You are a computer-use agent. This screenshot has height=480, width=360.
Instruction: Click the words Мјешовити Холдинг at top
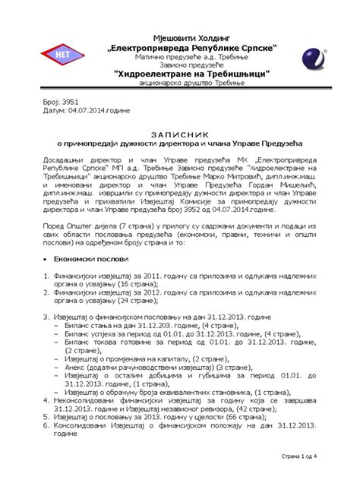tap(179, 37)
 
